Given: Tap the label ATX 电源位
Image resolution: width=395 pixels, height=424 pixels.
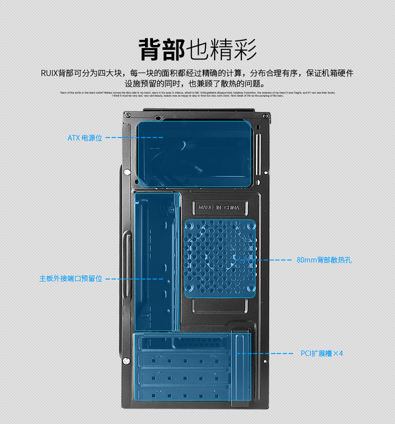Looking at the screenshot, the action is [84, 137].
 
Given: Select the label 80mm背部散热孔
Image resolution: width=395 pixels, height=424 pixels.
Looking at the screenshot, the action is [324, 260].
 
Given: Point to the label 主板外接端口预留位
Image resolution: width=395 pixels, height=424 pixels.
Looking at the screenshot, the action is [71, 278].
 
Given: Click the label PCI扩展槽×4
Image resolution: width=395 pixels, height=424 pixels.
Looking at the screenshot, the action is [321, 353].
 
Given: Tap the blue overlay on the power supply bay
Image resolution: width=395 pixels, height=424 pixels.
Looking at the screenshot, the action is [194, 154].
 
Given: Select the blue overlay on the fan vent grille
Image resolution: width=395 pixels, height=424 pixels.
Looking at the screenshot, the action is [220, 258].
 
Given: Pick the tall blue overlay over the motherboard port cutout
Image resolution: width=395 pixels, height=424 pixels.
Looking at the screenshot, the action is [157, 261].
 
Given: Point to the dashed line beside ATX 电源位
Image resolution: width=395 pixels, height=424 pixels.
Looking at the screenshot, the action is [134, 137].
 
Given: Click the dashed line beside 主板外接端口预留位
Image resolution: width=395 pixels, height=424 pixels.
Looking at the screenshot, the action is [134, 278].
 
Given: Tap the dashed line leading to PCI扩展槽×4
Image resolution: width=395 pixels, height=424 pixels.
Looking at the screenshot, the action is [265, 353].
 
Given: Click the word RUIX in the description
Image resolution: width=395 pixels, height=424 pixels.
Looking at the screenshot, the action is [49, 73].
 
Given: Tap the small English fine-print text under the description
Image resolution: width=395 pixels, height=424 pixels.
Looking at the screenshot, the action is [197, 94].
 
